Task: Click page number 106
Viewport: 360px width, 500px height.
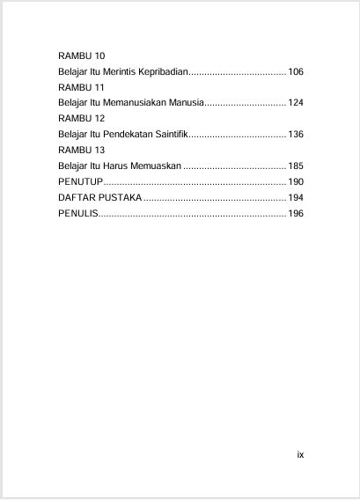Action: point(296,70)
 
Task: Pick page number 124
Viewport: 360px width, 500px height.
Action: point(296,102)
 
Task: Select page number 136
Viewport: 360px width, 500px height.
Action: point(296,134)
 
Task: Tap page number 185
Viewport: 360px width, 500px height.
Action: point(296,165)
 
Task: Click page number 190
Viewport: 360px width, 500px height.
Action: point(296,181)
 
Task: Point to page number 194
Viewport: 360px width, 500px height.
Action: point(296,197)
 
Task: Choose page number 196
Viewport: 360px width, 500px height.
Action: point(296,213)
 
